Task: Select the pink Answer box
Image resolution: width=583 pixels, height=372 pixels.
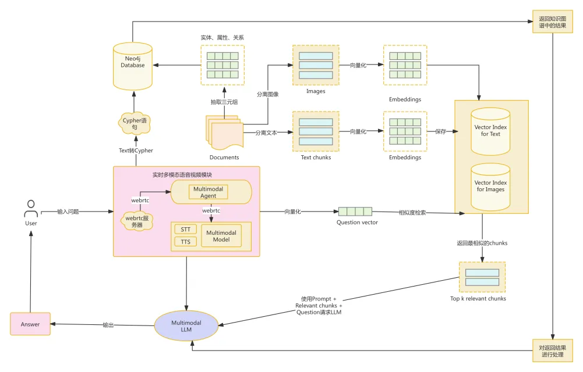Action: (x=30, y=324)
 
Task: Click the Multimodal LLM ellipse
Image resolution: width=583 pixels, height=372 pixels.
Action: (x=186, y=325)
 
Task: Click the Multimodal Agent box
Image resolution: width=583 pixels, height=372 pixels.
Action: (x=208, y=192)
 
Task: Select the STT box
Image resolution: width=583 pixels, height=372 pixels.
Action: (x=185, y=229)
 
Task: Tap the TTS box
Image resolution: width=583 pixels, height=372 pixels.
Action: (x=185, y=242)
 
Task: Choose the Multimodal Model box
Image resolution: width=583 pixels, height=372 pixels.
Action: (x=221, y=235)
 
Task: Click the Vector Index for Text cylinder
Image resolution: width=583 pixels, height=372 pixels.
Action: (x=490, y=131)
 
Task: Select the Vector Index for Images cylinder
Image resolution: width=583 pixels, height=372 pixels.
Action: (x=490, y=186)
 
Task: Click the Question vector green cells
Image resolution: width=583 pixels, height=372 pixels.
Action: (x=355, y=212)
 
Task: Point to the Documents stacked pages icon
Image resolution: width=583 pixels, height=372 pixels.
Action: (x=224, y=133)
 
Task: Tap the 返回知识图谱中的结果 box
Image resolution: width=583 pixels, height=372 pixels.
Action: (x=549, y=21)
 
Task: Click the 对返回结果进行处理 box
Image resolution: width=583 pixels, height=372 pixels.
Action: (x=549, y=351)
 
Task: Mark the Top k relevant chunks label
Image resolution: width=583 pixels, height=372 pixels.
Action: (x=482, y=299)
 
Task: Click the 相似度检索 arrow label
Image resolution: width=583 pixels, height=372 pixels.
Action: (x=412, y=213)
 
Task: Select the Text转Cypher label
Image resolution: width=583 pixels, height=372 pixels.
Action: (x=136, y=151)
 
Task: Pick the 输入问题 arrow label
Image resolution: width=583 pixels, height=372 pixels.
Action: (x=68, y=212)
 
